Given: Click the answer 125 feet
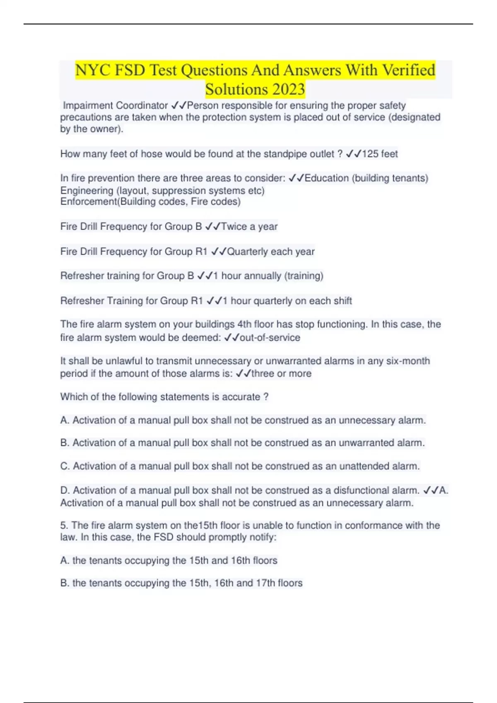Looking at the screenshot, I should point(380,154).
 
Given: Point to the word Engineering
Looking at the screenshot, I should point(87,191).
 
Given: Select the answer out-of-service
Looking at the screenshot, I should point(270,337).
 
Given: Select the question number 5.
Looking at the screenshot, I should point(64,525).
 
